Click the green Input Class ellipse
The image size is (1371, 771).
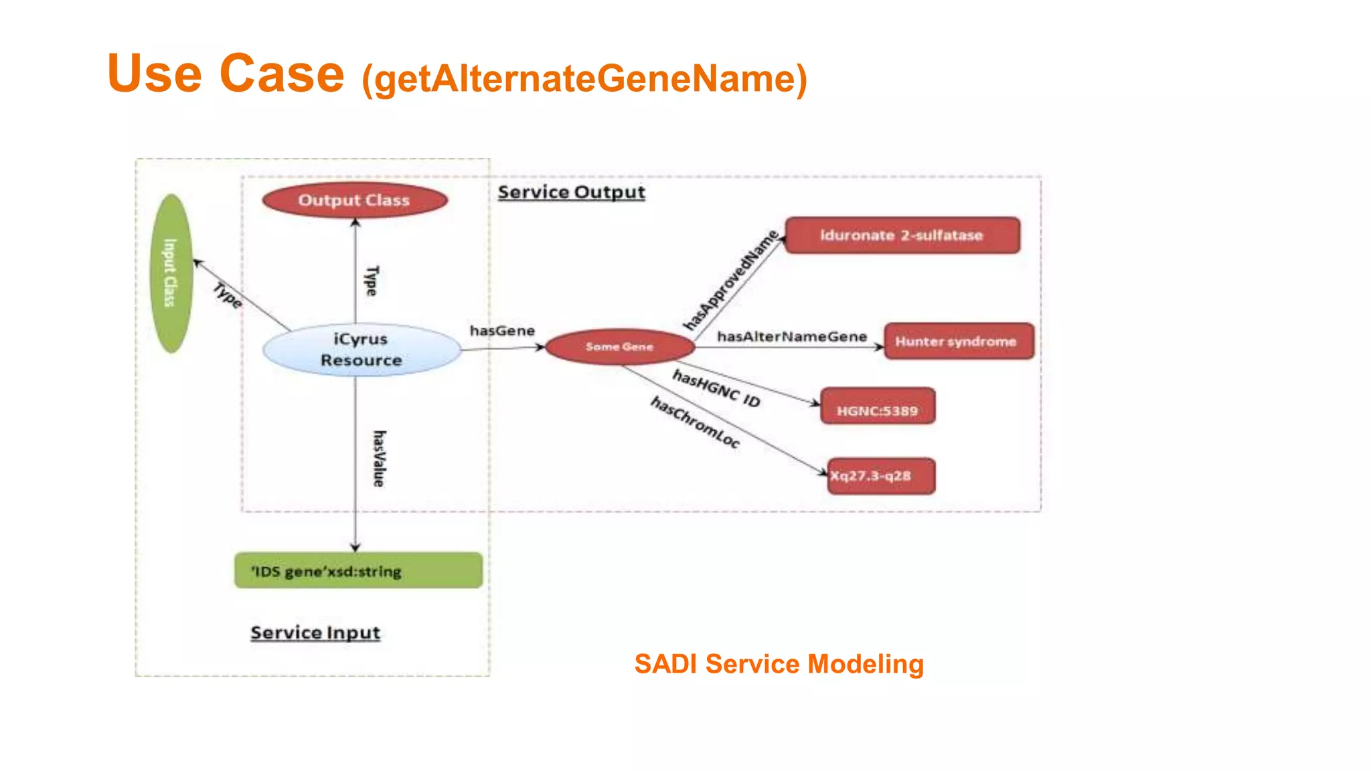coord(171,273)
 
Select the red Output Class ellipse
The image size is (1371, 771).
coord(354,200)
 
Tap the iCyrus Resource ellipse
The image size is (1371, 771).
coord(361,349)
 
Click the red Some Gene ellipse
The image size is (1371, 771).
coord(619,347)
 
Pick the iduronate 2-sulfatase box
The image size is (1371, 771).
coord(902,236)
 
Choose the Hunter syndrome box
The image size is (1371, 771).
coord(958,341)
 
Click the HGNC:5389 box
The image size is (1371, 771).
coord(877,406)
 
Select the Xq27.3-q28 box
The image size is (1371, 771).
coord(880,476)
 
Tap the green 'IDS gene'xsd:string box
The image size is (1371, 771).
coord(358,571)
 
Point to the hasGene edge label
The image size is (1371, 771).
coord(502,331)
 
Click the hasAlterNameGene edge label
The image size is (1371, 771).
coord(792,337)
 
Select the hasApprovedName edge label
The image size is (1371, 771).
coord(731,280)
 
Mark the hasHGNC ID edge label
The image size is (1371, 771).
coord(716,389)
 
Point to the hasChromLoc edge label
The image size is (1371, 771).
coord(695,422)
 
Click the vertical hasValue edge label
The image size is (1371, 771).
coord(379,458)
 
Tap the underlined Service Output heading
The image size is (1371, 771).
coord(571,193)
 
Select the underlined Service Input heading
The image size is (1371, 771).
coord(315,632)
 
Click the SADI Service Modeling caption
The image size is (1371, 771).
coord(779,664)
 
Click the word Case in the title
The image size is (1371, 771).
coord(281,74)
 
